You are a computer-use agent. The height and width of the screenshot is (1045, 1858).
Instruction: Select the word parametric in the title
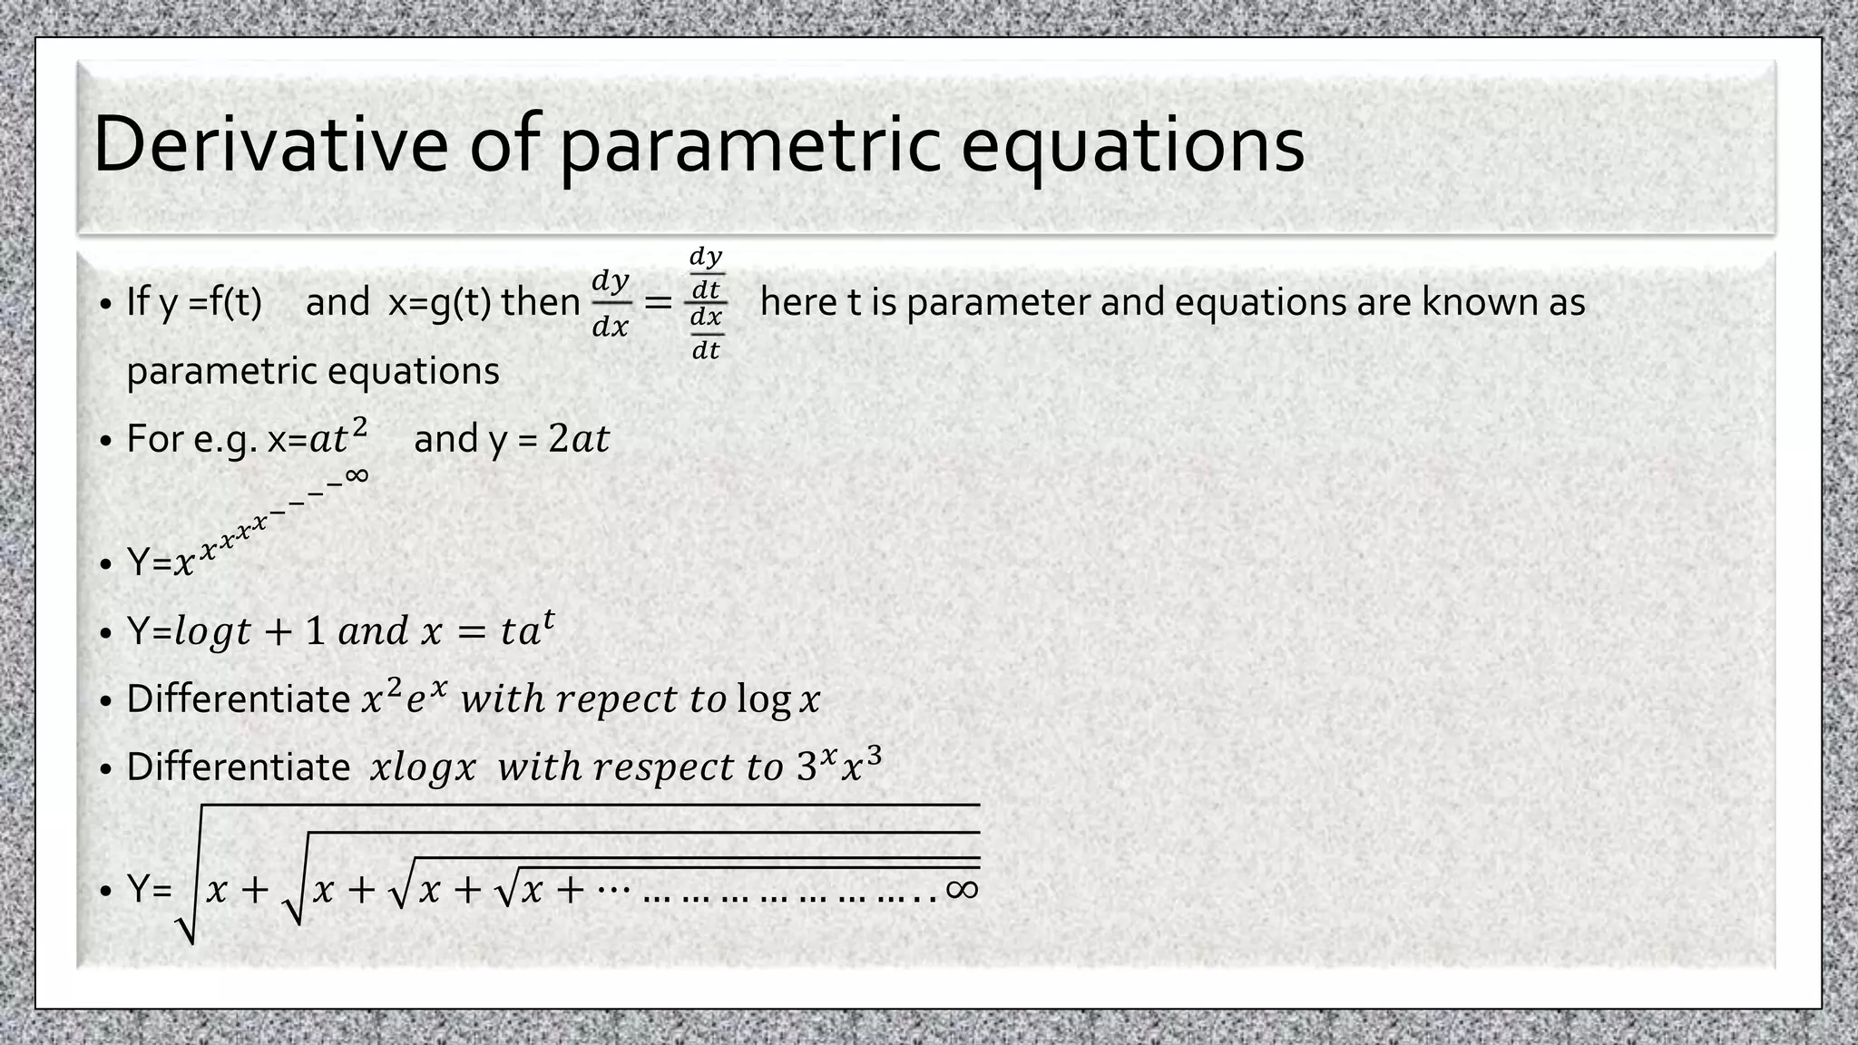click(x=748, y=145)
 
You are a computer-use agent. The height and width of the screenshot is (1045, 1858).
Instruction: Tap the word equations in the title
click(x=1132, y=145)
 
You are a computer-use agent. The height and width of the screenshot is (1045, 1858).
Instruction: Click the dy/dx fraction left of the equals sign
click(x=610, y=303)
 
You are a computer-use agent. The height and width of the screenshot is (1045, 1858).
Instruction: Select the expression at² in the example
click(x=338, y=438)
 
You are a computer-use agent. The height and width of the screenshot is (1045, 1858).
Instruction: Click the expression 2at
click(x=579, y=439)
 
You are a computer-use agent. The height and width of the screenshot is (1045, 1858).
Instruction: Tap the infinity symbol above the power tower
click(x=357, y=474)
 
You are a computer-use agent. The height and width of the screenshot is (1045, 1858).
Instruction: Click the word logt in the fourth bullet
click(x=212, y=631)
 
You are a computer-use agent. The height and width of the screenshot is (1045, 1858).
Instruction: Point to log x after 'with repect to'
click(x=777, y=699)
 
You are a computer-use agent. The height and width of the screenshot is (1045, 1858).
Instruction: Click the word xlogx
click(x=423, y=767)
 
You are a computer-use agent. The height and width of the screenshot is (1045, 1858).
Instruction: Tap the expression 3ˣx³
click(x=839, y=766)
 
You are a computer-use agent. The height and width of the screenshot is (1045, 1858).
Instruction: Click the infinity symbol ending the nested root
click(x=962, y=888)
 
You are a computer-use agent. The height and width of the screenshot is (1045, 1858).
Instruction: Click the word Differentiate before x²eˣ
click(x=239, y=699)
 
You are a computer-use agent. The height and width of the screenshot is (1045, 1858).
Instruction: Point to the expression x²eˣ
click(x=405, y=698)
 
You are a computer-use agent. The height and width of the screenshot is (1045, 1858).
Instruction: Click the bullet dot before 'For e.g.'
click(x=106, y=441)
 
